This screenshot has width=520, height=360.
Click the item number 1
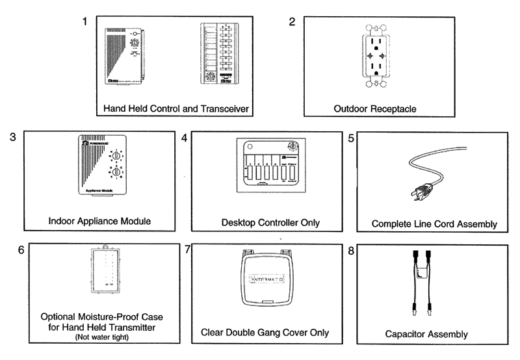click(x=84, y=22)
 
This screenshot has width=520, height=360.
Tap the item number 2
click(x=292, y=21)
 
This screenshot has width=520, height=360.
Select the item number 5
click(x=351, y=138)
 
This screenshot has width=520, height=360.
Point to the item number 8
click(x=351, y=251)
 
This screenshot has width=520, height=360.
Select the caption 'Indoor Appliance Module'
click(x=99, y=221)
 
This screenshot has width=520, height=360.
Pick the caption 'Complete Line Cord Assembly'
click(x=434, y=224)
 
